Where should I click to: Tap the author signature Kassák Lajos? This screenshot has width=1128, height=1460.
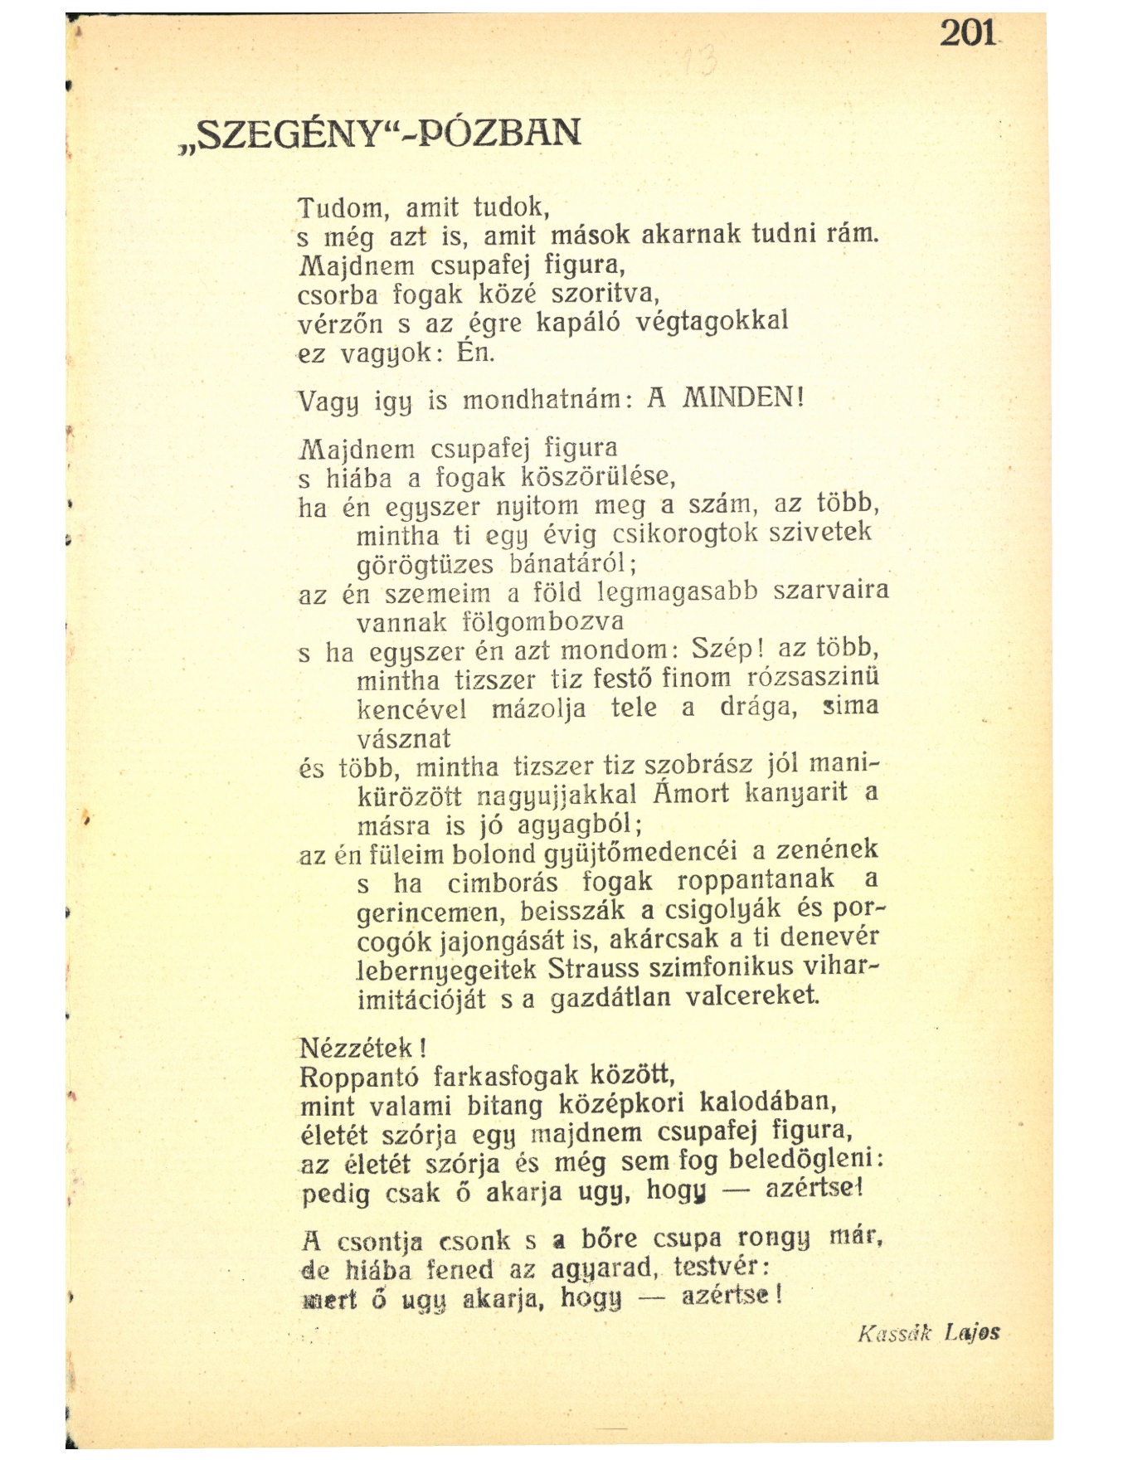929,1333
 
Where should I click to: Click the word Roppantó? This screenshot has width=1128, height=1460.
358,1077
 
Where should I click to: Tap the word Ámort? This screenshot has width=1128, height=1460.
691,793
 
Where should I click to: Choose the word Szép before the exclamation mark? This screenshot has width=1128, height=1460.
720,647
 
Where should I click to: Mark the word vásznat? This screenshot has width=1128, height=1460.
404,737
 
